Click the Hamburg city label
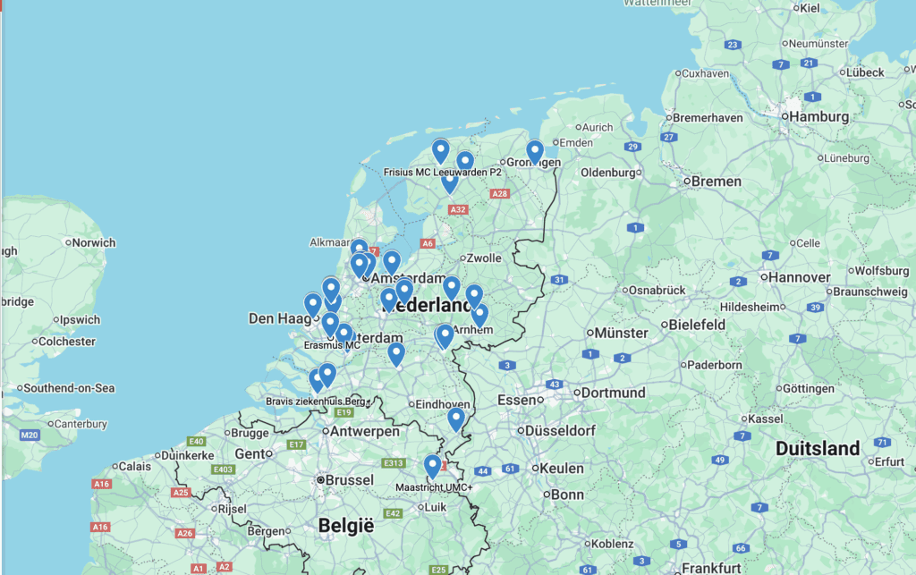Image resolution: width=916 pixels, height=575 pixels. pyautogui.click(x=818, y=116)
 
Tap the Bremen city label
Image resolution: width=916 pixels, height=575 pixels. pyautogui.click(x=717, y=181)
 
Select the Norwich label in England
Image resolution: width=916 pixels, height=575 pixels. pyautogui.click(x=94, y=242)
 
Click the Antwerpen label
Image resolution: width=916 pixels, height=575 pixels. pyautogui.click(x=364, y=431)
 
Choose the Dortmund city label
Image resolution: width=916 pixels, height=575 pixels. pyautogui.click(x=613, y=393)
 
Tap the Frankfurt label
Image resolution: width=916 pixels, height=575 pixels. pyautogui.click(x=711, y=567)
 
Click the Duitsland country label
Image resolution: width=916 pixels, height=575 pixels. pyautogui.click(x=818, y=448)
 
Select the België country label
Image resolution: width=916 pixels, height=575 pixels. pyautogui.click(x=345, y=526)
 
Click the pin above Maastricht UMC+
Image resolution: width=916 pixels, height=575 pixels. pyautogui.click(x=432, y=466)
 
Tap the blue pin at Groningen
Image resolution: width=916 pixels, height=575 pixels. pyautogui.click(x=535, y=152)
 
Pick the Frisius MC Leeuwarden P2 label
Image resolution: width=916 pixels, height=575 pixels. pyautogui.click(x=442, y=172)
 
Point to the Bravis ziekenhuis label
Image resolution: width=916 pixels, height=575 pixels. pyautogui.click(x=318, y=401)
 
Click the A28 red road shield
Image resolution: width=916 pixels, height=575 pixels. pyautogui.click(x=500, y=193)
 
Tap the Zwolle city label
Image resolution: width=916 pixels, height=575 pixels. pyautogui.click(x=484, y=258)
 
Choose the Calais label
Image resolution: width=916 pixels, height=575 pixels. pyautogui.click(x=135, y=466)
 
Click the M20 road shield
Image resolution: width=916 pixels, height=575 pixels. pyautogui.click(x=30, y=435)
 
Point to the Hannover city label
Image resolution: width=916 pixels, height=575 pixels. pyautogui.click(x=800, y=277)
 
